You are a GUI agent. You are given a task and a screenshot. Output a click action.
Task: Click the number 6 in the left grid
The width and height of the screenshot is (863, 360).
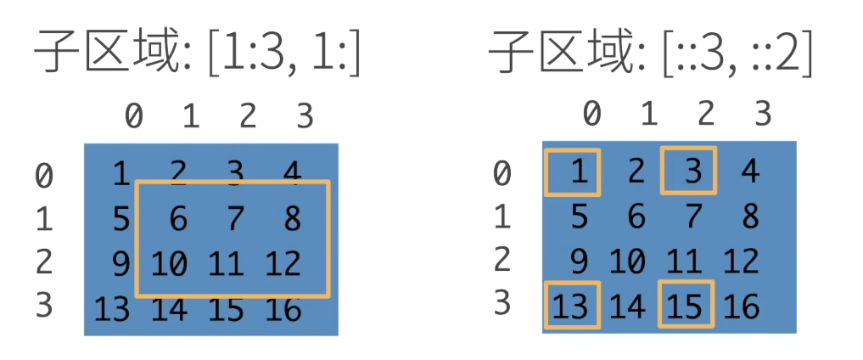click(178, 220)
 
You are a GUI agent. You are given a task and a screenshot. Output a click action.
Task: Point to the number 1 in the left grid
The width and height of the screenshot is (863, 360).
click(121, 175)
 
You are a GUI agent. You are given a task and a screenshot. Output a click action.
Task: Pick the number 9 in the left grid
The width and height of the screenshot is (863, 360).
click(121, 264)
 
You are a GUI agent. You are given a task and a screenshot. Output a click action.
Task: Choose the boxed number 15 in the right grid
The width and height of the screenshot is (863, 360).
click(686, 305)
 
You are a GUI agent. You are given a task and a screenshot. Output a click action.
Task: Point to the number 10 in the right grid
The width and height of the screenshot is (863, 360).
click(628, 261)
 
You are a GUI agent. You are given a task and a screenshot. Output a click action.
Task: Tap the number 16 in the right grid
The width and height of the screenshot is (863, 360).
click(742, 305)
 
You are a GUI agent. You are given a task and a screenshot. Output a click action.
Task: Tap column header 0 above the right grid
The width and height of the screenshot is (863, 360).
click(592, 113)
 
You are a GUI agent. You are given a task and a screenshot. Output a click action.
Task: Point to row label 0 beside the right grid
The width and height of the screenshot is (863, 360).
click(502, 173)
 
